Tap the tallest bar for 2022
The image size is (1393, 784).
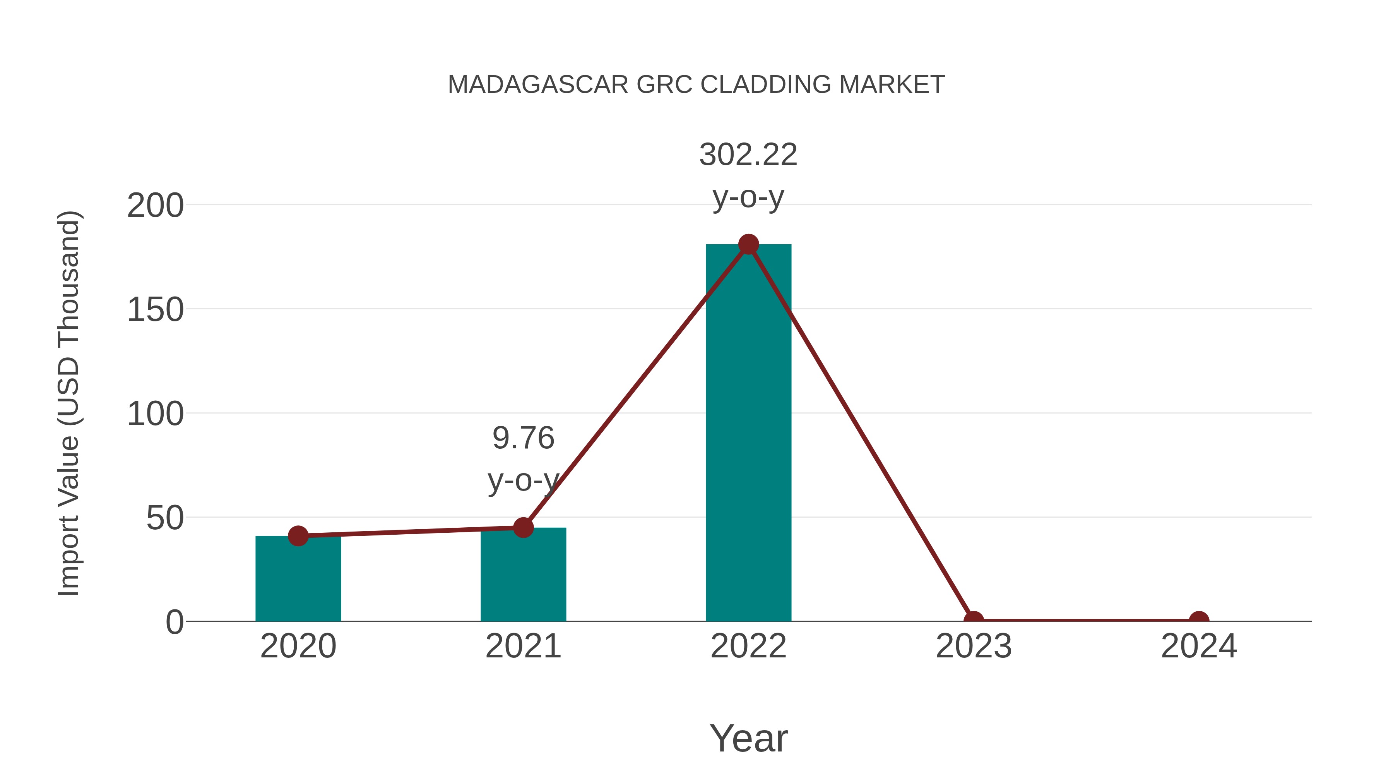[x=748, y=433]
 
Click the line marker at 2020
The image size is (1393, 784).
[x=298, y=536]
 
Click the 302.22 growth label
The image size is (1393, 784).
[x=748, y=155]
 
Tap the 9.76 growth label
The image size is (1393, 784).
[x=523, y=438]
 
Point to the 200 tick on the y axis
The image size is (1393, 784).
[x=155, y=206]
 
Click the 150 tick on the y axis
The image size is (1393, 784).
[x=155, y=310]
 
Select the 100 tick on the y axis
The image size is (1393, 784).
[x=155, y=414]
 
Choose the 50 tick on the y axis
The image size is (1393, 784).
[x=165, y=518]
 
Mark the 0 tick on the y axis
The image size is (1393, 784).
[x=175, y=622]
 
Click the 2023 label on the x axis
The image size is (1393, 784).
[x=974, y=646]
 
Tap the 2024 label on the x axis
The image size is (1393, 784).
[x=1199, y=646]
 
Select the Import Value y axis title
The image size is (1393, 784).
[x=69, y=403]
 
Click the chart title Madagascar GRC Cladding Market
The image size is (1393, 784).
[x=696, y=85]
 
